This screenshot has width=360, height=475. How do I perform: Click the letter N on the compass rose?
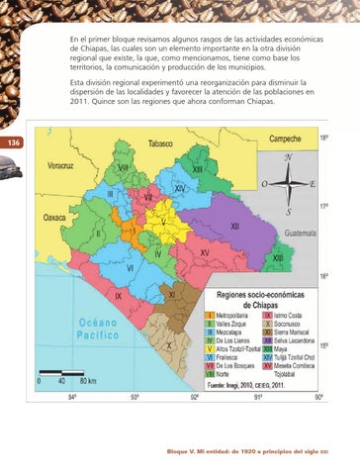coord(287,158)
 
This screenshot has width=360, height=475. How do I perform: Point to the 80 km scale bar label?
coord(87,381)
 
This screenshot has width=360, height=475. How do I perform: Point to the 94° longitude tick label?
coord(72,397)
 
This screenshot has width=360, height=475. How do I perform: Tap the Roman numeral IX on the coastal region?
coord(119,295)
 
